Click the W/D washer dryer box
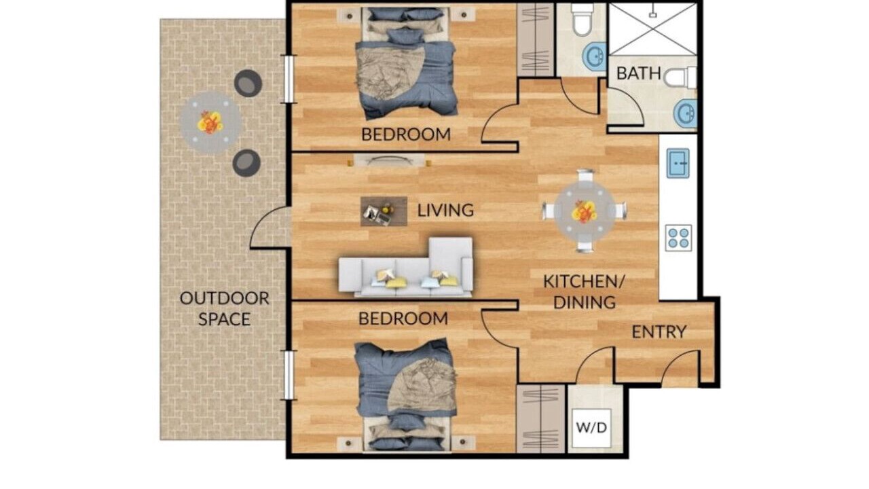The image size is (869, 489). [591, 428]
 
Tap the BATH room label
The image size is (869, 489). [639, 73]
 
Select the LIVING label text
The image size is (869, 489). [445, 211]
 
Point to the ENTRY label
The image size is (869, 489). [659, 332]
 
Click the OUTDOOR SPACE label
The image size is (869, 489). [224, 308]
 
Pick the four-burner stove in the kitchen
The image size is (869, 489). [678, 238]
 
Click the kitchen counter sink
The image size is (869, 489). [678, 164]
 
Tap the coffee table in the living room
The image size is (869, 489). [384, 211]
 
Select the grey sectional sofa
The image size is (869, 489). [406, 268]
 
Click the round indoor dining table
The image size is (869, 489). [585, 211]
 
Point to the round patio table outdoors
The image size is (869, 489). [210, 123]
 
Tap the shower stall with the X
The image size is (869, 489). [653, 29]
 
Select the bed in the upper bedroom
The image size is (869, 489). [406, 63]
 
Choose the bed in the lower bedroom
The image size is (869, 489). [406, 395]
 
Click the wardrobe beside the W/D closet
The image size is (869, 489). [540, 419]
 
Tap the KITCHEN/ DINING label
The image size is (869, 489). [585, 292]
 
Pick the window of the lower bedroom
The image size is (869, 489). [289, 375]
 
